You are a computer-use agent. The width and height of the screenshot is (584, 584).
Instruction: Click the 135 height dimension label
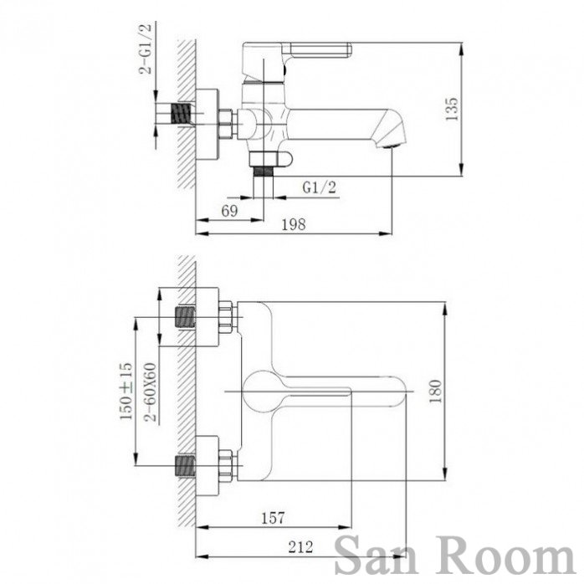click(452, 109)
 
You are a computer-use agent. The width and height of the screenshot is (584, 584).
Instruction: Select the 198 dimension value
click(294, 224)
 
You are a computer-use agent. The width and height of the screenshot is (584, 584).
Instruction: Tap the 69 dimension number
click(229, 211)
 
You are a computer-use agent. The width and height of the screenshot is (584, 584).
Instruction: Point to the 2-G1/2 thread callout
click(146, 49)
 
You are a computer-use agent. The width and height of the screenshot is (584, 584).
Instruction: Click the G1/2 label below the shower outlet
click(319, 187)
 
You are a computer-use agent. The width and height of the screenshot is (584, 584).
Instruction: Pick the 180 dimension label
click(435, 391)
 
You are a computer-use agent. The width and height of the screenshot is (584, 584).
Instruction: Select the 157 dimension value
click(273, 518)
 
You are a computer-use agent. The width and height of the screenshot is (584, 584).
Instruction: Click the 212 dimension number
click(300, 547)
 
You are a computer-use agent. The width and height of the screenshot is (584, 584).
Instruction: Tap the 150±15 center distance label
click(126, 391)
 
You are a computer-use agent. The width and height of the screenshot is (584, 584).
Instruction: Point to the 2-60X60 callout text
click(151, 392)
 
